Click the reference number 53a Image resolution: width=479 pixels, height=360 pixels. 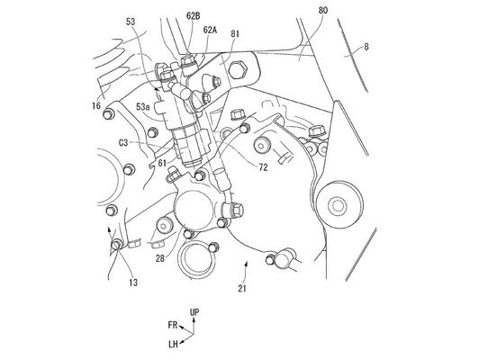pyautogui.click(x=143, y=107)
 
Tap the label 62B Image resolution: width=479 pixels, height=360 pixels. pyautogui.click(x=194, y=16)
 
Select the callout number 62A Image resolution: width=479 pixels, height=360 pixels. pyautogui.click(x=210, y=30)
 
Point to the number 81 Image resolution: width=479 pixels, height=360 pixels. pyautogui.click(x=235, y=34)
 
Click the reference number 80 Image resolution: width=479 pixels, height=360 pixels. pyautogui.click(x=323, y=11)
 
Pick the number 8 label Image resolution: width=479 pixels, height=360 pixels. pyautogui.click(x=366, y=47)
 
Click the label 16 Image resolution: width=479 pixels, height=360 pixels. pyautogui.click(x=96, y=105)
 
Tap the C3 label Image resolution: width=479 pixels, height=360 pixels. pyautogui.click(x=123, y=142)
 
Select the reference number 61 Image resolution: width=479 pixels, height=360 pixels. pyautogui.click(x=162, y=164)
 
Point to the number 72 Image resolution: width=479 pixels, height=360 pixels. pyautogui.click(x=263, y=167)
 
